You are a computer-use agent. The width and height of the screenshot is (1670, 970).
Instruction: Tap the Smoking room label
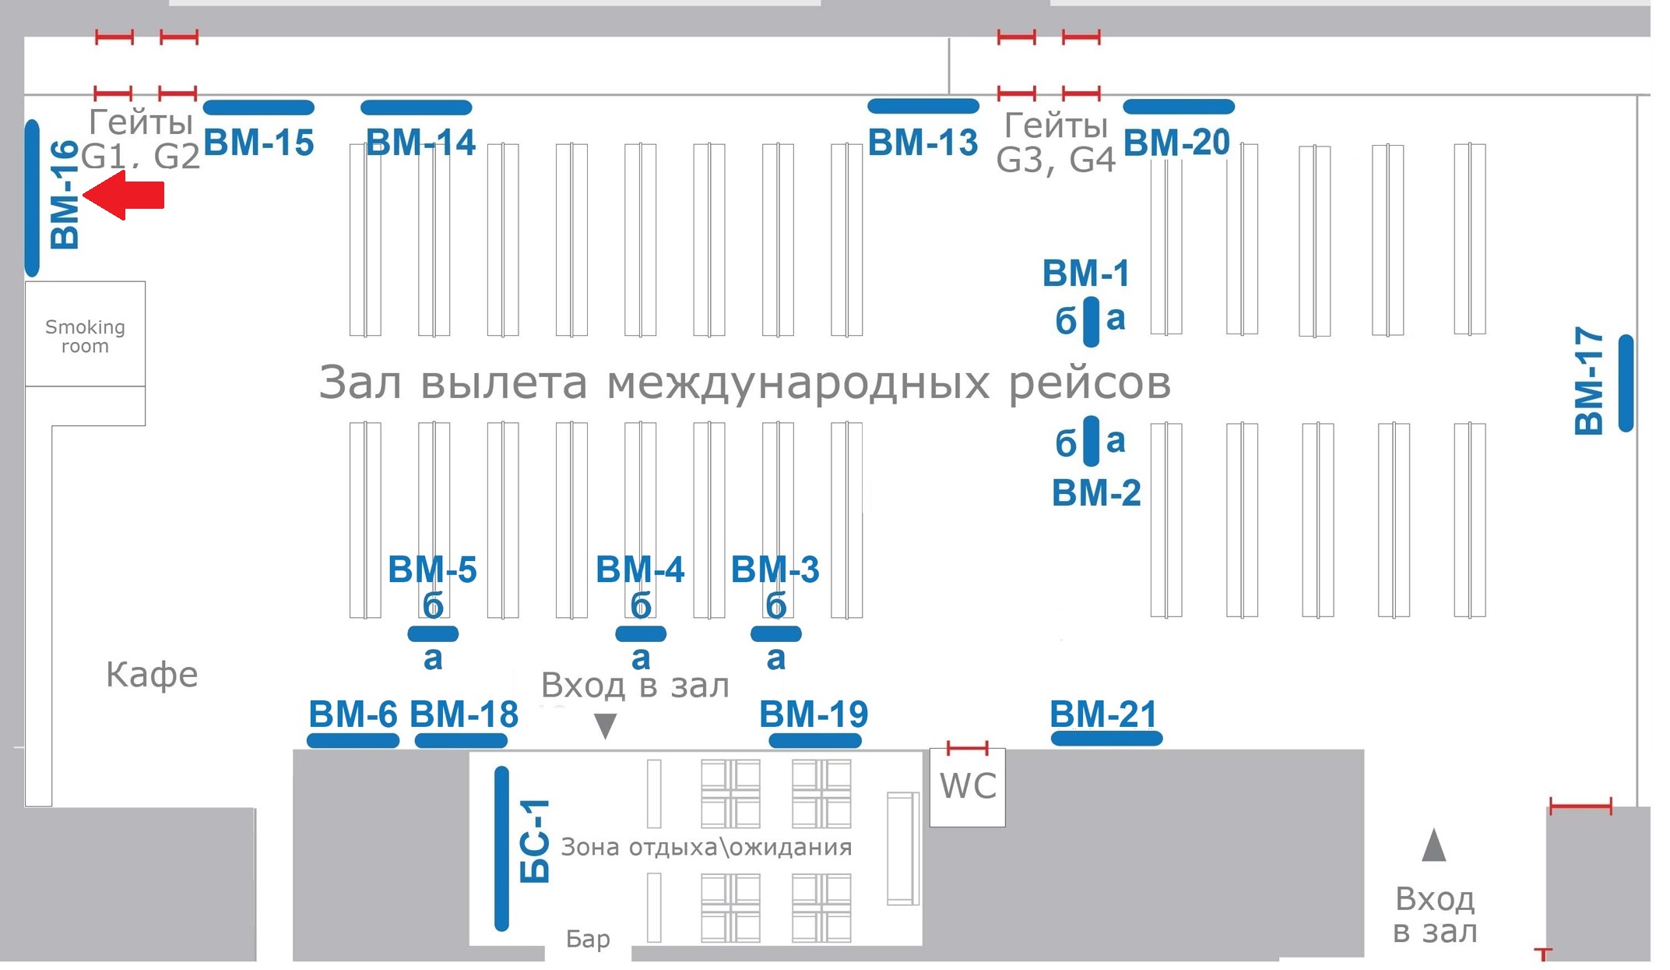coord(85,337)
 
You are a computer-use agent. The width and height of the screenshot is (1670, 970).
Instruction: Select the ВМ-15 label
coord(258,143)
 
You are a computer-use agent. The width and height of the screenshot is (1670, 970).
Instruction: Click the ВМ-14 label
coord(420,143)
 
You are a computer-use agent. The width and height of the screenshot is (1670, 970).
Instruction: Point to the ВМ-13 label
coord(923,143)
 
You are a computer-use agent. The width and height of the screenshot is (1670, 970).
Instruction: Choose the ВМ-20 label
coord(1176,143)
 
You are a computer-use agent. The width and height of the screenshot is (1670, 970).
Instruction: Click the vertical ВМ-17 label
coord(1588,381)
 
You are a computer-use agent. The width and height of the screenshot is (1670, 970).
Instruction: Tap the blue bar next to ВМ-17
coord(1626,383)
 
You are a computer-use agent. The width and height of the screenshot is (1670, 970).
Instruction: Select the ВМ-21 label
coord(1103,714)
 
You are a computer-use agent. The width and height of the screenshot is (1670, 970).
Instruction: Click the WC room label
coord(968,786)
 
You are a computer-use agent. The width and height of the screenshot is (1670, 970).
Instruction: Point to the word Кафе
coord(152,675)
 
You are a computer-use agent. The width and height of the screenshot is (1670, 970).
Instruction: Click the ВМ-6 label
coord(353,714)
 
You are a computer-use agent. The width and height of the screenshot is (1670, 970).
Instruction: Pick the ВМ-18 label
coord(464,714)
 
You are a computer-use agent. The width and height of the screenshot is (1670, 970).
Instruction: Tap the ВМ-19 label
coord(814,714)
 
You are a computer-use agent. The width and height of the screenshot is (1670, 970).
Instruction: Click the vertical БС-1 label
coord(535,841)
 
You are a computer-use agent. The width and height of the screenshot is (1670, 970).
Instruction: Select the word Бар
coord(588,939)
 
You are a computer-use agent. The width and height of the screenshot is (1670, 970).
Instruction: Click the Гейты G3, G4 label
coord(1056,143)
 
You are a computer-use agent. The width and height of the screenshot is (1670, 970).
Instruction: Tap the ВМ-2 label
coord(1096,492)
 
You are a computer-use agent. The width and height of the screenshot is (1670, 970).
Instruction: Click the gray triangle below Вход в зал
coord(605,725)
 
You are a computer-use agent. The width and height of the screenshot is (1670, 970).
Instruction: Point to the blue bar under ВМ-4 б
coord(640,633)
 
